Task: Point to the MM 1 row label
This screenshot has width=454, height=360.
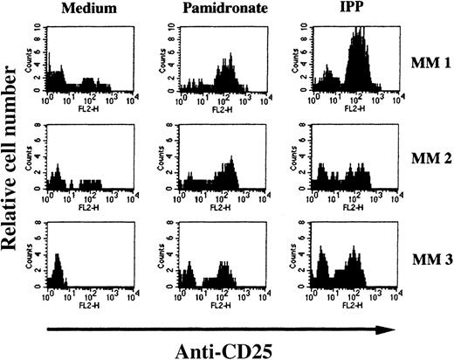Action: [x=427, y=62]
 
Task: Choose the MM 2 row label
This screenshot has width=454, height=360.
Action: [x=427, y=160]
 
